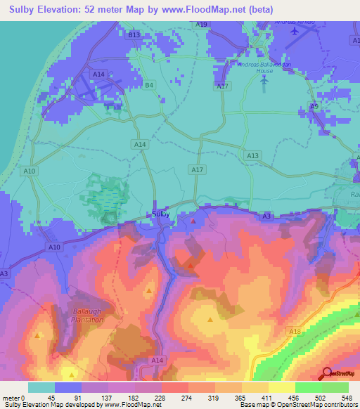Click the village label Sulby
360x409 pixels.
coord(160,213)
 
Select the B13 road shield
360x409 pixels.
coord(134,34)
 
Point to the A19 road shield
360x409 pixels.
coord(202,24)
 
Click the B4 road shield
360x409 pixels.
coord(148,86)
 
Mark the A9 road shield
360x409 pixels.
coord(314,105)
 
